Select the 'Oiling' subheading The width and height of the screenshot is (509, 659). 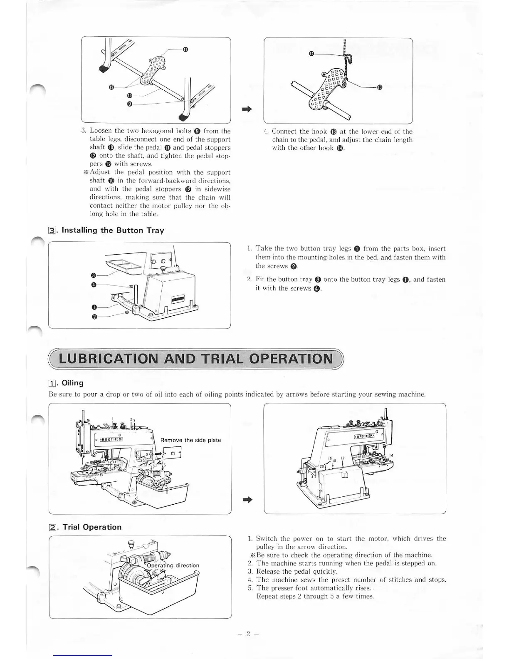coord(72,383)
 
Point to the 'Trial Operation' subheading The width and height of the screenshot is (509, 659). coord(91,527)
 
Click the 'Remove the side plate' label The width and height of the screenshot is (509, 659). coord(190,440)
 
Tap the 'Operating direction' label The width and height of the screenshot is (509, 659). coord(173,565)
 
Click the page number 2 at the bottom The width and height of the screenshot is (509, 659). coord(248,634)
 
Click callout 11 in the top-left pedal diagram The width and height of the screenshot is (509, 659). coord(185,50)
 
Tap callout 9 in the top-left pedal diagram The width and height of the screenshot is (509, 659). coord(129,104)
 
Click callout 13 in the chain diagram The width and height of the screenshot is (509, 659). coord(379,87)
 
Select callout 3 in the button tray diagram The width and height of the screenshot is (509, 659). coord(94,275)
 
